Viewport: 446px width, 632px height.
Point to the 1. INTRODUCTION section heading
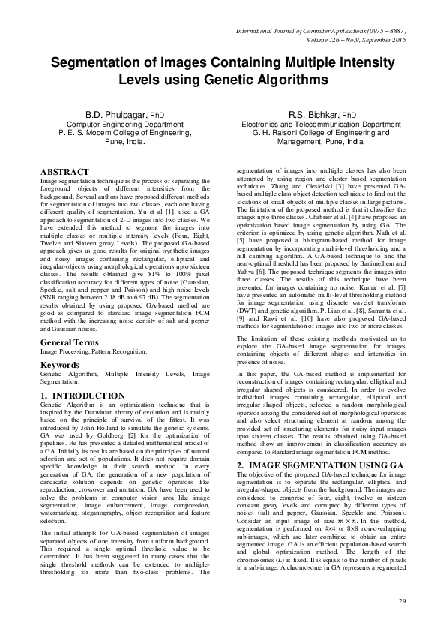point(82,395)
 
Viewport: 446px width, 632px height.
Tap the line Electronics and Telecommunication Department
point(320,124)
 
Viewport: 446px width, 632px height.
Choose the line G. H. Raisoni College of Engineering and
point(320,132)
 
